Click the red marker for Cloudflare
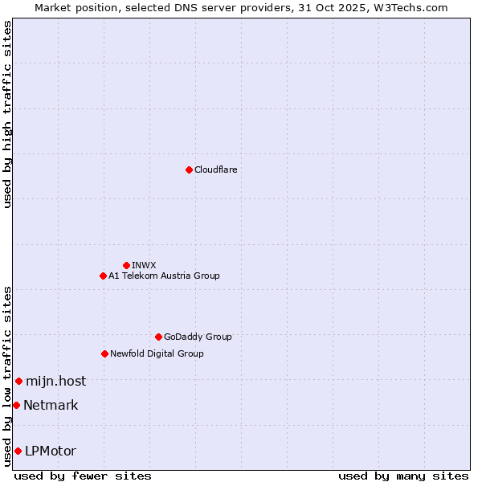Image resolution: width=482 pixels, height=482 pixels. tap(189, 170)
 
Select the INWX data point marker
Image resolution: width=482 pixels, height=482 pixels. tap(126, 265)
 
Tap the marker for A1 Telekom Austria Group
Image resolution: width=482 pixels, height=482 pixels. tap(103, 276)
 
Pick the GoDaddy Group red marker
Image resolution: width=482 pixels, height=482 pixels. tap(158, 337)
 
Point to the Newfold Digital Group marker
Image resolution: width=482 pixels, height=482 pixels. tap(104, 353)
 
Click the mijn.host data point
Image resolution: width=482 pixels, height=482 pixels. tap(18, 381)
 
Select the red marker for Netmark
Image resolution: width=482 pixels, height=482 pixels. tap(16, 405)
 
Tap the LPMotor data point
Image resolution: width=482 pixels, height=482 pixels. tap(18, 451)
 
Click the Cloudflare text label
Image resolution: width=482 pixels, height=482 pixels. tap(215, 170)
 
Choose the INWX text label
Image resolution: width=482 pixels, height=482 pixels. tap(144, 265)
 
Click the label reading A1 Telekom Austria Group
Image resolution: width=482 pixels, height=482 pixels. tap(164, 276)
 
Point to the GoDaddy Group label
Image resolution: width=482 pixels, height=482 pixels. tap(198, 337)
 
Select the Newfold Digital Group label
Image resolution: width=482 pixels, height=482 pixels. tap(157, 353)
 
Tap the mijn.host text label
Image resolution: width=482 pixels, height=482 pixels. tap(55, 381)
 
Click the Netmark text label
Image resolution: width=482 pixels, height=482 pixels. tap(51, 405)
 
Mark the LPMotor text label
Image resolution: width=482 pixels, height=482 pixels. tap(51, 451)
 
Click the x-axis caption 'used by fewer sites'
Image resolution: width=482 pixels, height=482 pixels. tap(83, 476)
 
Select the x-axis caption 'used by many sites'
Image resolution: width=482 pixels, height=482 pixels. tap(402, 476)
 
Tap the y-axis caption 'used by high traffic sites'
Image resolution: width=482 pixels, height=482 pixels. tap(7, 114)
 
